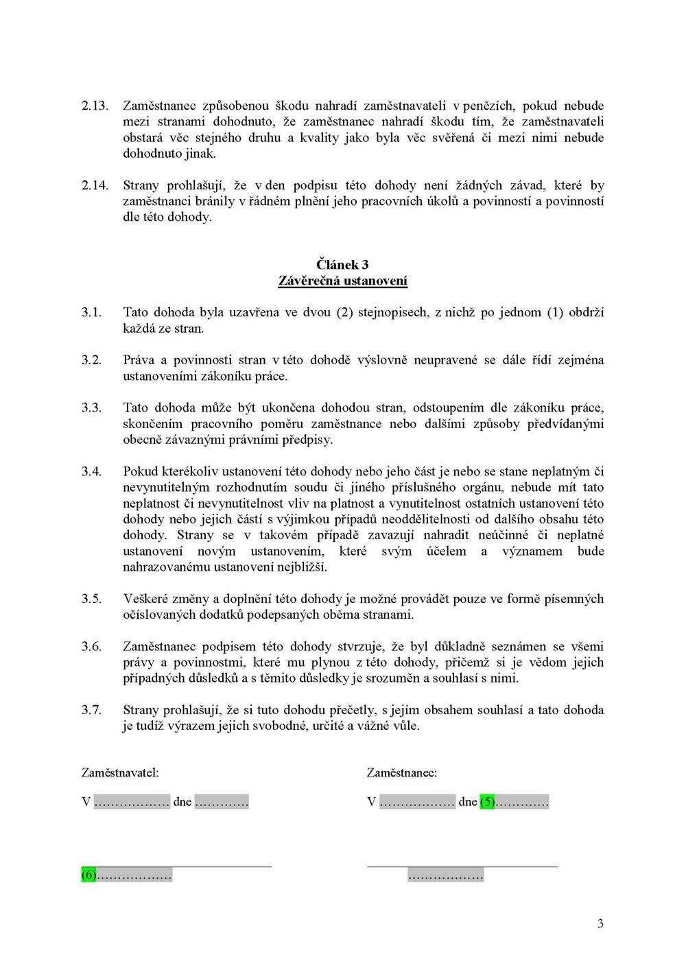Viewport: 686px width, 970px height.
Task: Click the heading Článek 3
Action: tap(342, 264)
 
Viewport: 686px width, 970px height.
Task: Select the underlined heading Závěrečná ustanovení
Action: tap(342, 281)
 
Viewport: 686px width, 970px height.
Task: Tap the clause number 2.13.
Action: tap(95, 106)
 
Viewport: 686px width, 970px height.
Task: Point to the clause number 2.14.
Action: tap(95, 185)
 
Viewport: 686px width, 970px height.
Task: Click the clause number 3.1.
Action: tap(92, 312)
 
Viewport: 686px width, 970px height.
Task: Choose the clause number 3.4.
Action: tap(92, 471)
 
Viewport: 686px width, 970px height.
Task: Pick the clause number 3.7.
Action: tap(92, 710)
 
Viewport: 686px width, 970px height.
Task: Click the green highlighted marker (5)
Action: tap(487, 801)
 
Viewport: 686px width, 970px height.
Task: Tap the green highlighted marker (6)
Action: tap(89, 875)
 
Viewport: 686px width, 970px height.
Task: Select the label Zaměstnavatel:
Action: tap(120, 772)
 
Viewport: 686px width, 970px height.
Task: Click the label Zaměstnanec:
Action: tap(402, 772)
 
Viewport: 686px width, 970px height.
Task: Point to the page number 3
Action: tap(600, 924)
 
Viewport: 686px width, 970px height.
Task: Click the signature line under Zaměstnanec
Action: tap(462, 866)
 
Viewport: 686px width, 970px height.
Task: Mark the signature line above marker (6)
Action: tap(176, 866)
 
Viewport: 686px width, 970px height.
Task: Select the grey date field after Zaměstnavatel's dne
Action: tap(221, 801)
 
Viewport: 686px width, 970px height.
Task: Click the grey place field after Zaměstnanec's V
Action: tap(417, 801)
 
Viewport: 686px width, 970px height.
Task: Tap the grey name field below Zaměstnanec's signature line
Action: tap(445, 875)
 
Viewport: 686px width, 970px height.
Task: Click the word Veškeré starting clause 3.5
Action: tap(145, 599)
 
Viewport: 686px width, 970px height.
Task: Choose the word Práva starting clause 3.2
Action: tap(139, 360)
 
